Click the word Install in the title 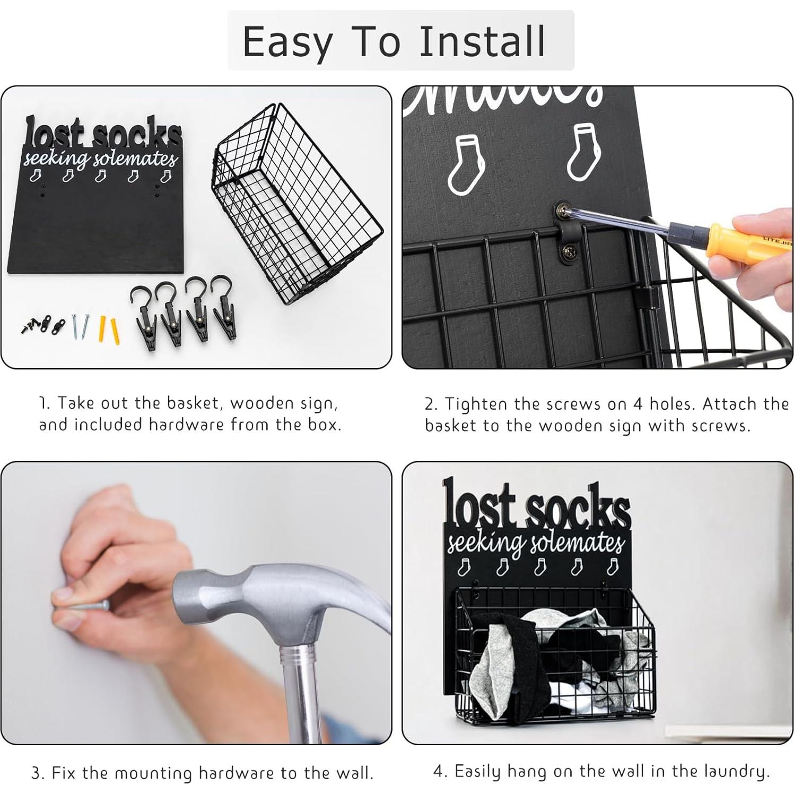482,41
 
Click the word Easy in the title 287,42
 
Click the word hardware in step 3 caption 238,773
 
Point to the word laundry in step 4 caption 736,772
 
